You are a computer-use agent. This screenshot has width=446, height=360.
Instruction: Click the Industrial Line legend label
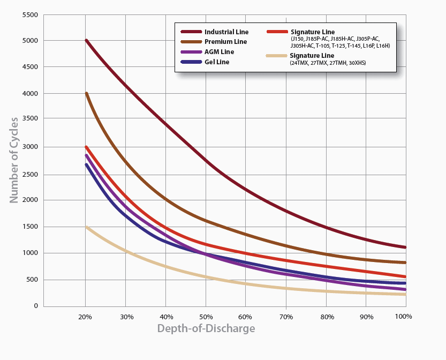tap(226, 32)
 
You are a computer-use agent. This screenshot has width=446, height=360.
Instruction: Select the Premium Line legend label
tap(225, 42)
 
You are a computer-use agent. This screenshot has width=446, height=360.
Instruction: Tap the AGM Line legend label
tap(219, 52)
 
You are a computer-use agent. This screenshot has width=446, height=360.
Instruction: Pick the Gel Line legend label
tap(216, 62)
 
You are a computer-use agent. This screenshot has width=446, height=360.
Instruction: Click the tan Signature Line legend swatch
tap(275, 56)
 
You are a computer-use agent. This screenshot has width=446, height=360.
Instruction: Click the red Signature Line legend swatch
tap(275, 32)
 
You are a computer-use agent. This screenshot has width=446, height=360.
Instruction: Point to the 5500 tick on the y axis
tap(30, 15)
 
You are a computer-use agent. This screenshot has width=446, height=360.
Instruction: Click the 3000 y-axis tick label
tap(30, 147)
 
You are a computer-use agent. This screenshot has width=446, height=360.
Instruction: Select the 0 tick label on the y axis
tap(36, 306)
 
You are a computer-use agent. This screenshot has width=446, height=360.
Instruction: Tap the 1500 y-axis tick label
tap(30, 227)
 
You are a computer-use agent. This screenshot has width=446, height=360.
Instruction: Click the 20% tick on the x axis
tap(85, 317)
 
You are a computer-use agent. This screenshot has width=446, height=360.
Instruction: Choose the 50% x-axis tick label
tap(205, 317)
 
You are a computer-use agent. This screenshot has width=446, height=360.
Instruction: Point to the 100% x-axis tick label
tap(404, 317)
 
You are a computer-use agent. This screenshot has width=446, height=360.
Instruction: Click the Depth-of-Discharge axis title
tap(206, 328)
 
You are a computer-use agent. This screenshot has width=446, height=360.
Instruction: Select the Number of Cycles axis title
tap(14, 160)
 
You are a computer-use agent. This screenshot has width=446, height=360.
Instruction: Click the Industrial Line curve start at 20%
tap(86, 41)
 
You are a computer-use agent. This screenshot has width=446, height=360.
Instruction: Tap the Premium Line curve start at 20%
tap(86, 94)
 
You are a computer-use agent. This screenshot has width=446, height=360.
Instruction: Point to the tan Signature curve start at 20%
tap(86, 227)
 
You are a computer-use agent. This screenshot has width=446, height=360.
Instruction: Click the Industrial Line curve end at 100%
tap(405, 247)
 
